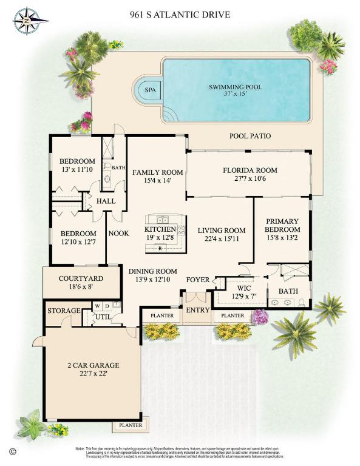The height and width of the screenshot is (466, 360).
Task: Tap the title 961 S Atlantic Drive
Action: point(180,13)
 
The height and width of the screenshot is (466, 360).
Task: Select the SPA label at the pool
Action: point(149,90)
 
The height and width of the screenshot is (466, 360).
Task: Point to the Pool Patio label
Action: point(250,137)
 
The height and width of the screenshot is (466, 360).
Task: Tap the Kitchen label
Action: point(160,234)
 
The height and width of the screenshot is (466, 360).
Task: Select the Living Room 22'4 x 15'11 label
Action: point(222,234)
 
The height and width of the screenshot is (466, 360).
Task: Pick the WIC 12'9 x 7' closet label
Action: point(243,292)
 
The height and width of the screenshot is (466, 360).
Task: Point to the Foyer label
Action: point(197,280)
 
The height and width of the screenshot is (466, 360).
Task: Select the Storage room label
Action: point(64,311)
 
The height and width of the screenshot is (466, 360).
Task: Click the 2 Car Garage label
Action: point(93,370)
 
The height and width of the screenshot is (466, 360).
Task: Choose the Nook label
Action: point(117,233)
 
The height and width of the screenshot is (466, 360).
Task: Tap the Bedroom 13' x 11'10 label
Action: point(78,165)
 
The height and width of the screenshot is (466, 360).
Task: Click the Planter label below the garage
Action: point(131,425)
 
